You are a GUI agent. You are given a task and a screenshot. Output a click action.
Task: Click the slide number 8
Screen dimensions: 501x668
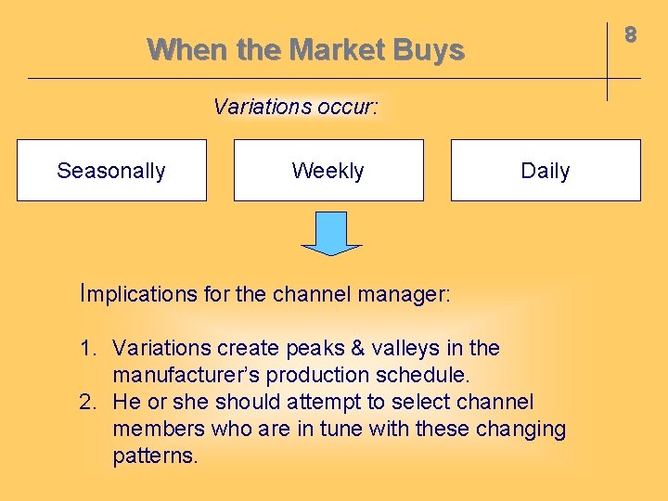coord(630,35)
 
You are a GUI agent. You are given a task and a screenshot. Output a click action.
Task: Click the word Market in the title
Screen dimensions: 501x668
coord(336,49)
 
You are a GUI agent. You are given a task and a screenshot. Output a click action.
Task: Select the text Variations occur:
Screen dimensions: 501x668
coord(295,107)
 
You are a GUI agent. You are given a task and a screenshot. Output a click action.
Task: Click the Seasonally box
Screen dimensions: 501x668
coord(111,171)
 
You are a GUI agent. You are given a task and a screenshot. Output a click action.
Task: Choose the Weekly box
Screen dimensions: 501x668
coord(328,171)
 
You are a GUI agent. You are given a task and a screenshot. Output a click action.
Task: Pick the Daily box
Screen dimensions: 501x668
coord(546,171)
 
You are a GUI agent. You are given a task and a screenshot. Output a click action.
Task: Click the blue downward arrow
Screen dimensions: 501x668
coord(330,233)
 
